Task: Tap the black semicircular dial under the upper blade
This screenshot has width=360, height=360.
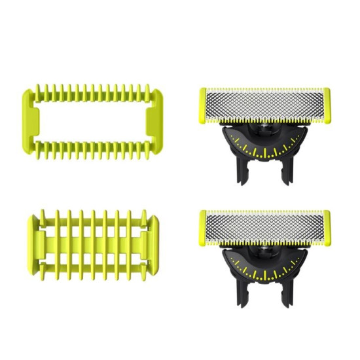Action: [264, 145]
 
